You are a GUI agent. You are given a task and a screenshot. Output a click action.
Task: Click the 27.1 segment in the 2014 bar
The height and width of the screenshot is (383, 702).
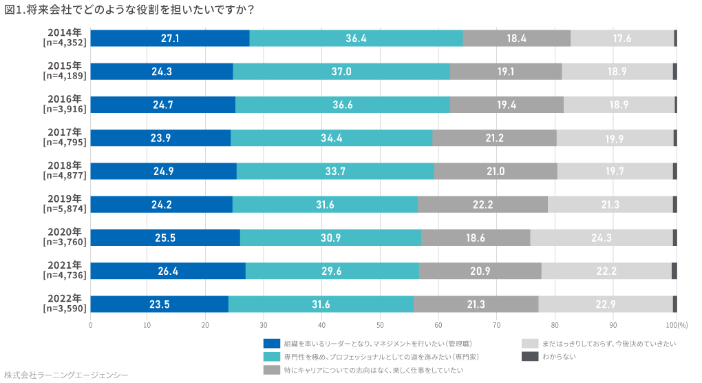[170, 39]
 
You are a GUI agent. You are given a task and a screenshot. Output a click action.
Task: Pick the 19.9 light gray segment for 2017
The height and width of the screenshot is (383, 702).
[615, 138]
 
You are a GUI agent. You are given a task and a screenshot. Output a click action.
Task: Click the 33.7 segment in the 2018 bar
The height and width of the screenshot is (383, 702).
[334, 171]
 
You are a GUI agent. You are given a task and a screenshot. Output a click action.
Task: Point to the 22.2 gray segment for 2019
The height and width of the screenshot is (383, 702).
[482, 204]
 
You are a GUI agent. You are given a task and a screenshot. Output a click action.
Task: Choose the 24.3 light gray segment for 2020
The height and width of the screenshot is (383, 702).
[601, 238]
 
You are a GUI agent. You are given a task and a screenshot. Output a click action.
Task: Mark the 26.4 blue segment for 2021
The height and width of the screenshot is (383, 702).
[168, 271]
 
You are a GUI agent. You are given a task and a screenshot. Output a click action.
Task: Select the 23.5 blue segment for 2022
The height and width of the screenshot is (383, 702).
[160, 304]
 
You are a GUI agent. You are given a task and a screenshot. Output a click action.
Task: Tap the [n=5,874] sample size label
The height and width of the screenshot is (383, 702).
[63, 209]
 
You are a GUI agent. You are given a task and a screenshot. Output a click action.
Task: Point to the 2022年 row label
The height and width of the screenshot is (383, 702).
[65, 298]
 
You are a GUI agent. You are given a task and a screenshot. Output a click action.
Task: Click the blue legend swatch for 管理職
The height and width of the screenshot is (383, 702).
[271, 343]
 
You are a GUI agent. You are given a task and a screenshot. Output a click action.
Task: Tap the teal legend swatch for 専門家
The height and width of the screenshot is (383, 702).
[271, 357]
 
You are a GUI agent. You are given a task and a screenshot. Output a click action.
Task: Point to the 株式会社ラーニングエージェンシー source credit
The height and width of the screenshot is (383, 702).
[66, 375]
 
